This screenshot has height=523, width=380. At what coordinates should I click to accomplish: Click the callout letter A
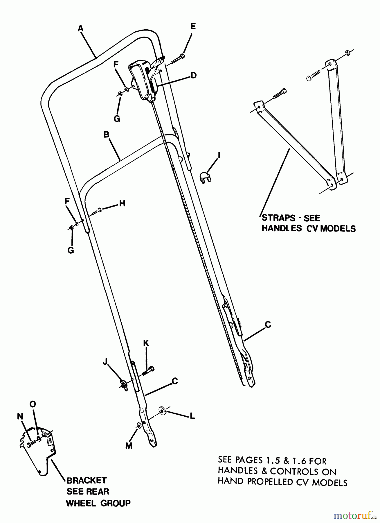80,28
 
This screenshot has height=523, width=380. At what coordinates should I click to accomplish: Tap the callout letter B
106,135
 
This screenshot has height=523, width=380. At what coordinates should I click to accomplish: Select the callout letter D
193,75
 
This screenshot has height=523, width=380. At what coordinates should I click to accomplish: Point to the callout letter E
193,26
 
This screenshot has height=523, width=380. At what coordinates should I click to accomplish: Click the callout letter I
219,155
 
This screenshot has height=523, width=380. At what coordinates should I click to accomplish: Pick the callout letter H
122,203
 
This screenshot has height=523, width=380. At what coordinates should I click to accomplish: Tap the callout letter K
146,343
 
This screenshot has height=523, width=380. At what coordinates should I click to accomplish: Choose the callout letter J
105,361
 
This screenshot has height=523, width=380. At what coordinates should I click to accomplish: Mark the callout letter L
192,416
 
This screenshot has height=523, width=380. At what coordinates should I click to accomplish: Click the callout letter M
129,445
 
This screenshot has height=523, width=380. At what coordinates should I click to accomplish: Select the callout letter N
20,416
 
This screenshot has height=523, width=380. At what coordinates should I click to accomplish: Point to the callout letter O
33,404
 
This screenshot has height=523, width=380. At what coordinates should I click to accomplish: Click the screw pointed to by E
177,59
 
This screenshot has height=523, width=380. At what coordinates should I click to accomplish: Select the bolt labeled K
148,371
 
